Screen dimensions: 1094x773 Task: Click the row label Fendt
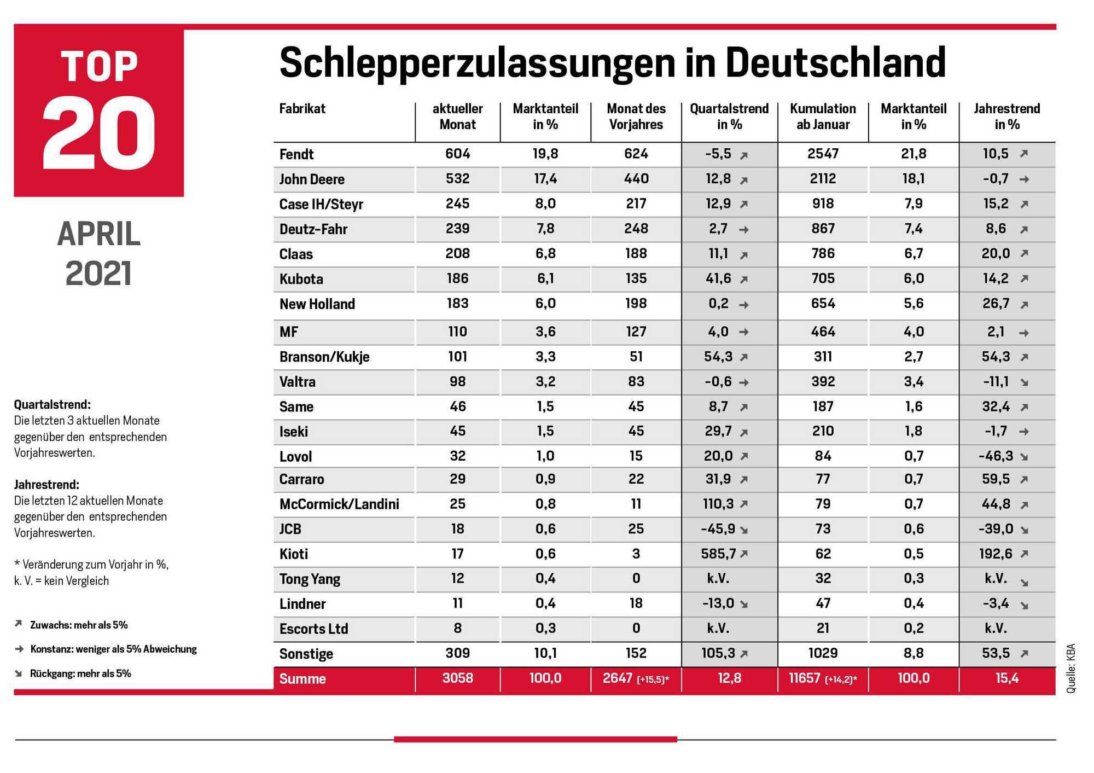click(x=296, y=154)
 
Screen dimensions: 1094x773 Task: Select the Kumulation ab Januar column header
click(x=823, y=117)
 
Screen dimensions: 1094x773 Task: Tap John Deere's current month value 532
click(x=457, y=178)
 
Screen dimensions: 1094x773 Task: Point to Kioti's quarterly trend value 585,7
click(x=718, y=554)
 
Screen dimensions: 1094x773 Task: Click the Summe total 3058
click(x=457, y=678)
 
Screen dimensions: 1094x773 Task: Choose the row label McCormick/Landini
click(x=339, y=504)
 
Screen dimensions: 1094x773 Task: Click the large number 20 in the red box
click(x=99, y=133)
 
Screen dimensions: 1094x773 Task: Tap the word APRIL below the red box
click(x=99, y=234)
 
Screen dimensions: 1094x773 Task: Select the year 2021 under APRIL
click(x=99, y=274)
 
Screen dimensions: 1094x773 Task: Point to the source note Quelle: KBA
click(x=1070, y=669)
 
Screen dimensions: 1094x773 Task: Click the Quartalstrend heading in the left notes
click(x=53, y=405)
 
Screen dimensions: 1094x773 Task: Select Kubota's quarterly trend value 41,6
click(x=718, y=278)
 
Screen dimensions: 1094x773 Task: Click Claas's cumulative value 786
click(x=823, y=253)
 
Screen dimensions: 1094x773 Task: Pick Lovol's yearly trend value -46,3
click(x=996, y=456)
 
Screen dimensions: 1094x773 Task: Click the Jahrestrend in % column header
click(x=1006, y=117)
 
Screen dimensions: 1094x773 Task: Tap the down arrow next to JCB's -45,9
click(x=744, y=530)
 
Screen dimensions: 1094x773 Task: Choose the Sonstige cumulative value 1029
click(x=823, y=653)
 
